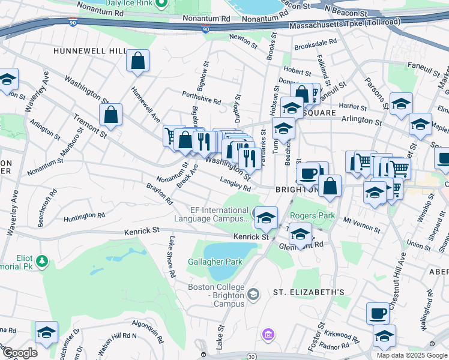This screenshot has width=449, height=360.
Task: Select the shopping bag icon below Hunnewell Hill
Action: point(138,61)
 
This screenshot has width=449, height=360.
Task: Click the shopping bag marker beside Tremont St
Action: point(110,115)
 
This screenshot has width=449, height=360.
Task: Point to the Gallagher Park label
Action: point(215,262)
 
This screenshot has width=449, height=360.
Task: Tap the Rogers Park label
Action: point(309,215)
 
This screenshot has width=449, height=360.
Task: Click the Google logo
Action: point(19,352)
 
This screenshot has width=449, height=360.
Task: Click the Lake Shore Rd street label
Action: point(172,257)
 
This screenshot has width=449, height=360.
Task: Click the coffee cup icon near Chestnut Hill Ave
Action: point(378,313)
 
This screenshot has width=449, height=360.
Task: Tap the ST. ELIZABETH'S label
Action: point(309,292)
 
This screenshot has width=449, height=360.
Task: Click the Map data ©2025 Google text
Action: point(412,355)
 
